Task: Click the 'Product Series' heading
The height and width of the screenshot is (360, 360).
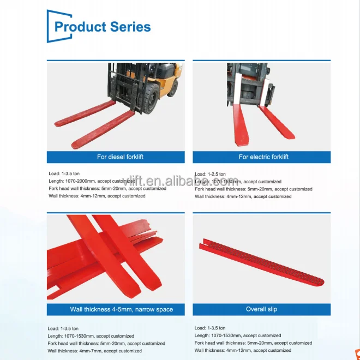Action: [x=103, y=26]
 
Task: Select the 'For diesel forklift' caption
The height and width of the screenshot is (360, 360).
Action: [x=120, y=157]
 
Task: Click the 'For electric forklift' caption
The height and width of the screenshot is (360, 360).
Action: [x=263, y=157]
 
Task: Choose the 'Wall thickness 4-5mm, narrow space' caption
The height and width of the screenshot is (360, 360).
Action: [x=121, y=309]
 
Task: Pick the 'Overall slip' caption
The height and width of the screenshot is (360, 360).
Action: [x=261, y=309]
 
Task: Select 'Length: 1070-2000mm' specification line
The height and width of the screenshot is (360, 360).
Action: [x=92, y=181]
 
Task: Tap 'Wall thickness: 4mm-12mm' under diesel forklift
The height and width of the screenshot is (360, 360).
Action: [x=97, y=196]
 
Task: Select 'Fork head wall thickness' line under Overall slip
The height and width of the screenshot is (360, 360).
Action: [x=253, y=343]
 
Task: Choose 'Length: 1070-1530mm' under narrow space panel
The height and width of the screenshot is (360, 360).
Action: [x=91, y=336]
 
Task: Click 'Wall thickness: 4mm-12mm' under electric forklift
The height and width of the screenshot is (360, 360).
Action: [x=243, y=196]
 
